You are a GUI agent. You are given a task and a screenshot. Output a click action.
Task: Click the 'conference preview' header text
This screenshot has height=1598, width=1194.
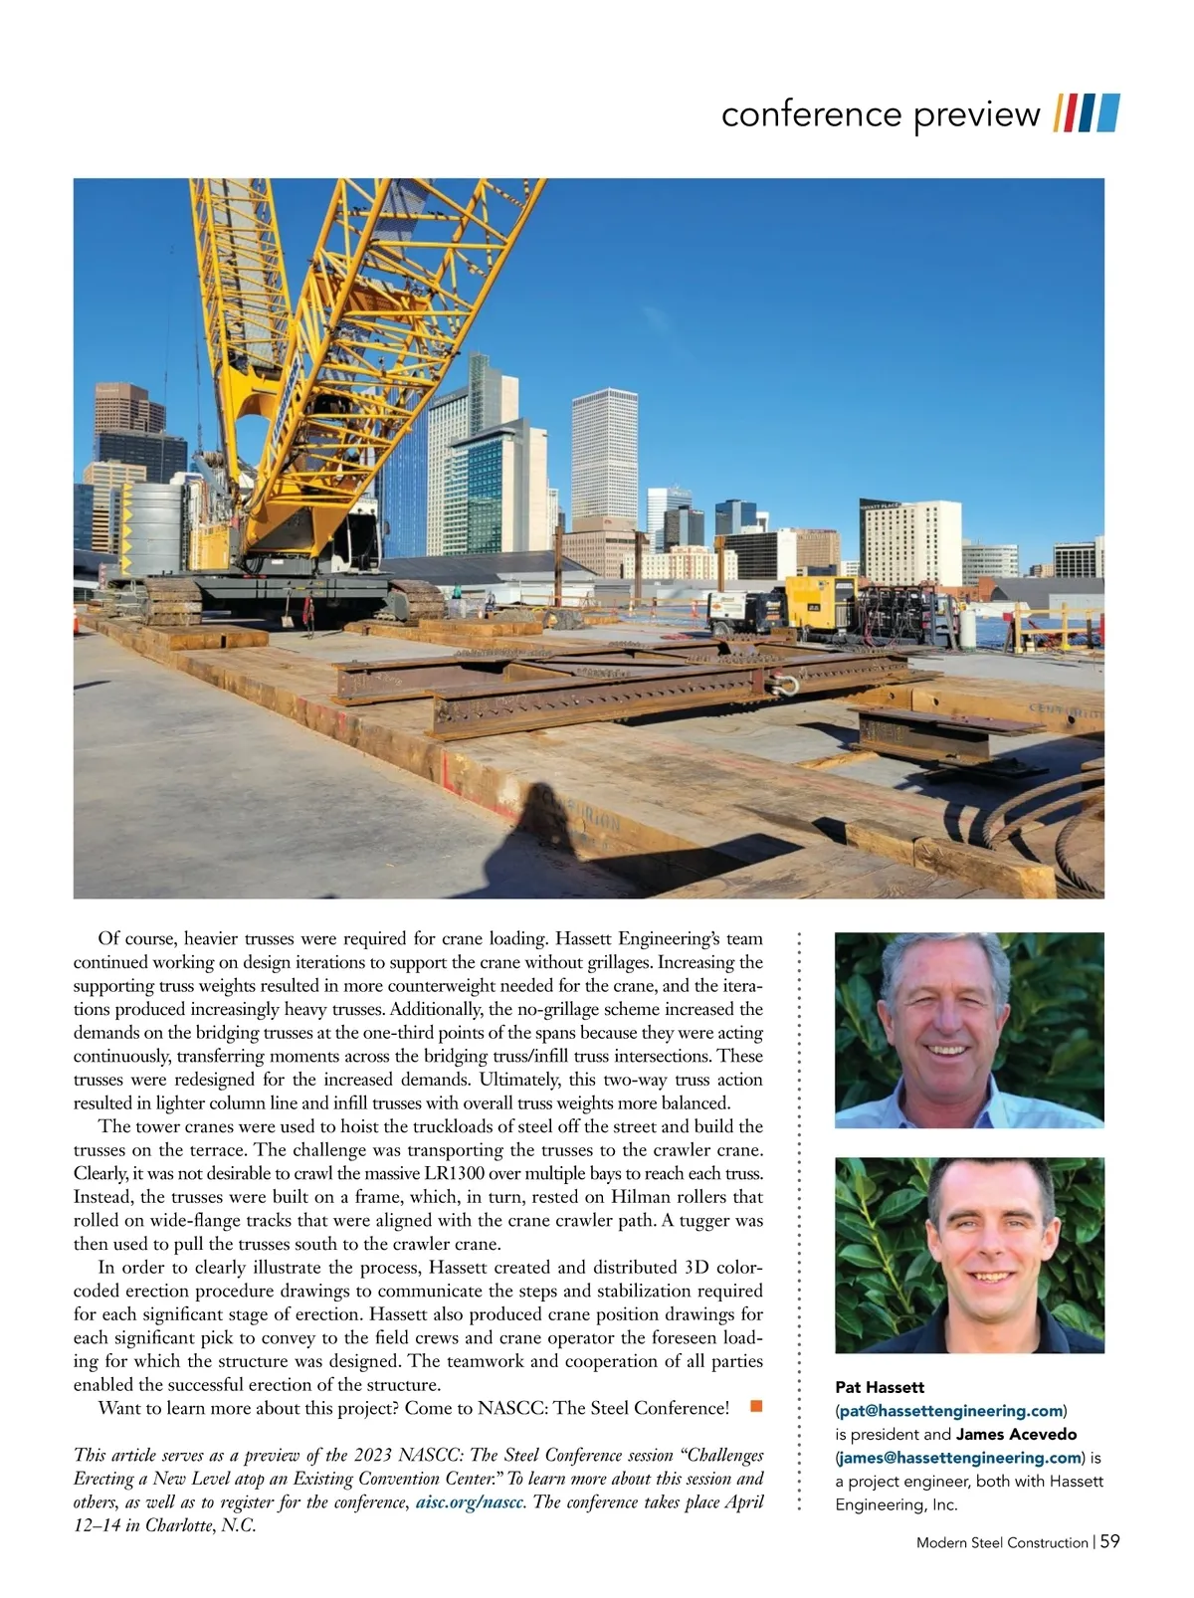pyautogui.click(x=880, y=114)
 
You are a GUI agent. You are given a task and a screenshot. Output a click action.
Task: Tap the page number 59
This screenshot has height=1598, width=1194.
pyautogui.click(x=1109, y=1541)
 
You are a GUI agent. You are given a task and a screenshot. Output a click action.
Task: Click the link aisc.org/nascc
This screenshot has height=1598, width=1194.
pyautogui.click(x=470, y=1501)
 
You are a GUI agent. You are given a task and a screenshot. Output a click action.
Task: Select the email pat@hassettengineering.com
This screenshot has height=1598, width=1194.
pyautogui.click(x=950, y=1410)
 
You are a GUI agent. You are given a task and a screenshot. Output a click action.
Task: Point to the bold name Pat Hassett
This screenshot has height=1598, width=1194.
pyautogui.click(x=880, y=1386)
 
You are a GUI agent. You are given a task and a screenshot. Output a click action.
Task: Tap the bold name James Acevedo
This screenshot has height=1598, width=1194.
pyautogui.click(x=1016, y=1434)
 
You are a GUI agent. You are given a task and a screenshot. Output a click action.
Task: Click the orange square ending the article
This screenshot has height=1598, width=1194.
pyautogui.click(x=756, y=1406)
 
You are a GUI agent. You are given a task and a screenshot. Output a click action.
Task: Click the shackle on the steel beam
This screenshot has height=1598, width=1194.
pyautogui.click(x=784, y=683)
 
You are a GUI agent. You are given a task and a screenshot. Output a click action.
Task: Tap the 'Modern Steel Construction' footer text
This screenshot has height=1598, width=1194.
pyautogui.click(x=1002, y=1542)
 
